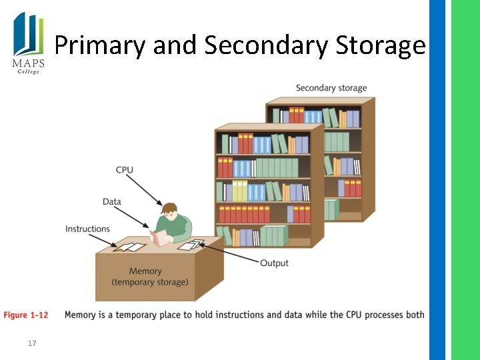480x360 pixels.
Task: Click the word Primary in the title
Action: [100, 45]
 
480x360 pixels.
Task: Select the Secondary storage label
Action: [331, 88]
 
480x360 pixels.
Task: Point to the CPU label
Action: [125, 170]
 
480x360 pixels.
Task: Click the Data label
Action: [112, 201]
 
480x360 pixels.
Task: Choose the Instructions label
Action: [87, 229]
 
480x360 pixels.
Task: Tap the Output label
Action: [274, 263]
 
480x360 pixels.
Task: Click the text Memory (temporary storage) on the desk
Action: [150, 276]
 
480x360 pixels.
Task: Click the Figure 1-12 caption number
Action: [26, 315]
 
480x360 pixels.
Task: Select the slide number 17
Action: [31, 344]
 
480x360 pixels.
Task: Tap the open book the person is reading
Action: [160, 237]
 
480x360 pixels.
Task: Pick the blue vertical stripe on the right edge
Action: [437, 180]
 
